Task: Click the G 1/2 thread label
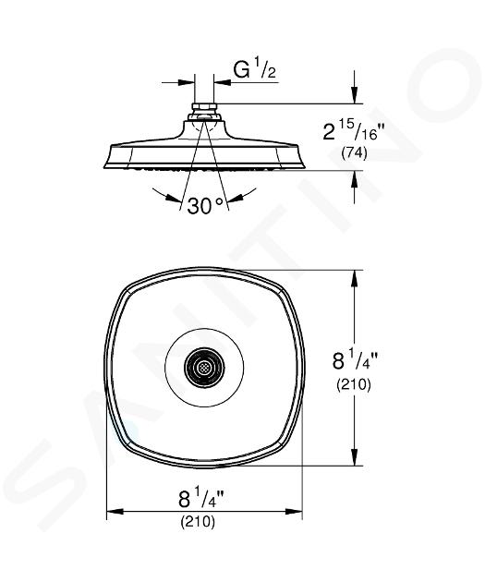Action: [x=255, y=69]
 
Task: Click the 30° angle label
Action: [x=206, y=206]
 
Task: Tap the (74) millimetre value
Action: [x=354, y=153]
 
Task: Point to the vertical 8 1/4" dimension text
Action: [x=355, y=360]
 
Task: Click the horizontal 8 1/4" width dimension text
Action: [x=200, y=499]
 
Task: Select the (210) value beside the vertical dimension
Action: [x=354, y=384]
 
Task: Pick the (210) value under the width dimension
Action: [x=198, y=522]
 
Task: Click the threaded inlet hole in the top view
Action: [x=204, y=368]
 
